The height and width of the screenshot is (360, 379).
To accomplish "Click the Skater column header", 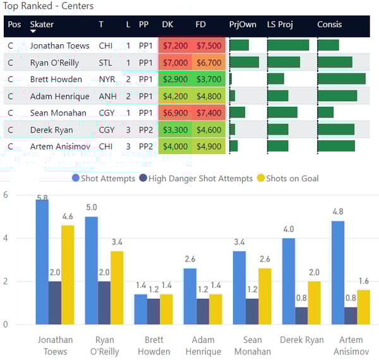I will click(x=42, y=25).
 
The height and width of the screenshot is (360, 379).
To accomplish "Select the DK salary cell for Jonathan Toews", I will click(x=175, y=45).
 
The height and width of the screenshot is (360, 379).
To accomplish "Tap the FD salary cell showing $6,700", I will click(x=208, y=63).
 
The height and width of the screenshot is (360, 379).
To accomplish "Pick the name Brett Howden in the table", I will click(x=56, y=80).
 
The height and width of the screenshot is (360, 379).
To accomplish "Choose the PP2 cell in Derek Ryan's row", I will click(x=145, y=130).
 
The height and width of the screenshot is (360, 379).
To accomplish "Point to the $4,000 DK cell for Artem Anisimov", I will click(x=175, y=147).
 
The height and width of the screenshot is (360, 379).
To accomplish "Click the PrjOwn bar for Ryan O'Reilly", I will click(x=244, y=63).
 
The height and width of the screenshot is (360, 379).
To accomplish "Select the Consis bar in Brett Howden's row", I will click(x=341, y=80).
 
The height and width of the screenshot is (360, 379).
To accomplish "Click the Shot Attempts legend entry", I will click(x=104, y=178).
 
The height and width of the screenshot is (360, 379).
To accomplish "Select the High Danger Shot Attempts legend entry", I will click(x=195, y=178).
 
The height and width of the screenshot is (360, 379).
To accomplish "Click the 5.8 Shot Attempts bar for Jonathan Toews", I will click(x=42, y=262).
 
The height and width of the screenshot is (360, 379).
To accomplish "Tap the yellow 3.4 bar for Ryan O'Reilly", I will click(x=116, y=287).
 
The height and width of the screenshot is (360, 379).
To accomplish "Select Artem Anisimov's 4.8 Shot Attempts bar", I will click(x=337, y=273).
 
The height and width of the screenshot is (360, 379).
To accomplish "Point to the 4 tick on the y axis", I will click(x=6, y=238).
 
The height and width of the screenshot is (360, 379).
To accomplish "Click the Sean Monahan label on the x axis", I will click(x=252, y=345).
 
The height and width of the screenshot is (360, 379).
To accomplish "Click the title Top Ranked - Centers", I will click(x=49, y=6).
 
